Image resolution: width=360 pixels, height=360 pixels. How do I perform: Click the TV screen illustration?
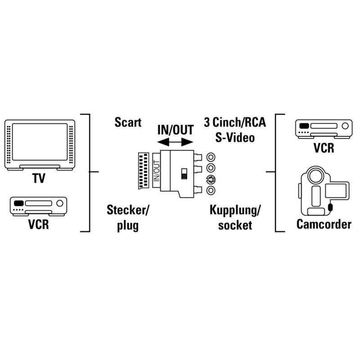(x=39, y=144)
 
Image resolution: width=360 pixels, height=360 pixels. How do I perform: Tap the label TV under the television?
(x=39, y=179)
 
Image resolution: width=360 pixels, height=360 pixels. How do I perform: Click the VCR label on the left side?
(x=38, y=224)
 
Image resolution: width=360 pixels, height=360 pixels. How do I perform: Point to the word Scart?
(x=128, y=122)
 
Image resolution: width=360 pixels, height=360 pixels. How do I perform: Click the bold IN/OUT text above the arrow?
(x=175, y=130)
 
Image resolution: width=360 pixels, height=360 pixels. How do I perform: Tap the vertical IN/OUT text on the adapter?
(x=157, y=171)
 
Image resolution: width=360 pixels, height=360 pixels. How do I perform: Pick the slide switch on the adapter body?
(x=184, y=174)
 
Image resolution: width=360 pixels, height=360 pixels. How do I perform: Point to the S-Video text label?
(x=234, y=136)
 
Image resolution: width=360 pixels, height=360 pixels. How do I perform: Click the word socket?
(x=234, y=225)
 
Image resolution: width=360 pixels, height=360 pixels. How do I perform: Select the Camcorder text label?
(x=323, y=224)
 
